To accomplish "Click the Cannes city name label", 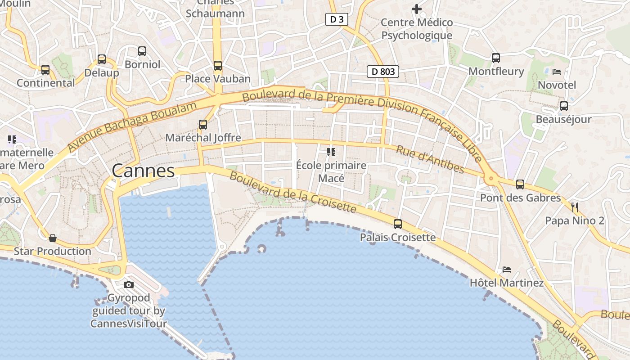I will click(x=143, y=171).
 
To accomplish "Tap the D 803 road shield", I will click(x=383, y=71).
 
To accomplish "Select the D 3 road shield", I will click(x=337, y=19).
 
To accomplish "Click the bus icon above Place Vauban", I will click(x=218, y=66).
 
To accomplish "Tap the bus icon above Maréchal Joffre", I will click(x=203, y=125).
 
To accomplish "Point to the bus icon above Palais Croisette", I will click(x=398, y=224).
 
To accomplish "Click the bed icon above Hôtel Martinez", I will click(x=507, y=270).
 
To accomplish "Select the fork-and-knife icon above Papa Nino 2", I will click(x=574, y=207).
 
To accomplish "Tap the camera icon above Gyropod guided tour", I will click(x=129, y=284).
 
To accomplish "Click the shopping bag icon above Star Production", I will click(x=53, y=238).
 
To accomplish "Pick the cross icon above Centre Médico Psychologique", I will click(x=417, y=9).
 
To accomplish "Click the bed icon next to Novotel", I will click(x=557, y=72).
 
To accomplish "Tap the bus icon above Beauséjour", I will click(x=563, y=106).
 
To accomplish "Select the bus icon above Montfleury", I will click(x=496, y=58).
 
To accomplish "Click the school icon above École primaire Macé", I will click(x=331, y=152).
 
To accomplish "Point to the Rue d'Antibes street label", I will click(x=429, y=159).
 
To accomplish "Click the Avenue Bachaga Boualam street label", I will click(x=132, y=127).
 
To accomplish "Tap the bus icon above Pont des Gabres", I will click(x=520, y=184).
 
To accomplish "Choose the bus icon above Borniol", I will click(x=142, y=51).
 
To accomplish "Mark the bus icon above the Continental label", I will click(x=45, y=70).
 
